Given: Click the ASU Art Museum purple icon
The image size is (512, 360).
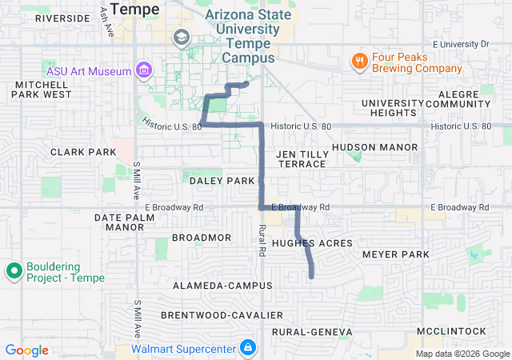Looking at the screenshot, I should click(143, 70).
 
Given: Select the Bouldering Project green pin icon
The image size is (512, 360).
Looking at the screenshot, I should click(14, 271).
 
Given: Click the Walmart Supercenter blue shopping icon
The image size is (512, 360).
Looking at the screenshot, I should click(248, 348).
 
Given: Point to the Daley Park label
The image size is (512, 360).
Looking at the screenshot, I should click(222, 181).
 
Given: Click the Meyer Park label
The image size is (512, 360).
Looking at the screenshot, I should click(396, 254).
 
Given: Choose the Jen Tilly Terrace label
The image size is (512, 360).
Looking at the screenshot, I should click(302, 158).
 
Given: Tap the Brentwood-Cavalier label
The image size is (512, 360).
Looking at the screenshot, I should click(222, 315).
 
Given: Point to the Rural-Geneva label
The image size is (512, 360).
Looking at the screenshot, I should click(312, 331).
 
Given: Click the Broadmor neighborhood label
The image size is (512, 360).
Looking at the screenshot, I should click(202, 238).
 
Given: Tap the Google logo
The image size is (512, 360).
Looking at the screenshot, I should click(27, 350).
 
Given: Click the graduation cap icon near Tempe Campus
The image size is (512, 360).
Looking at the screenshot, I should click(181, 37).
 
